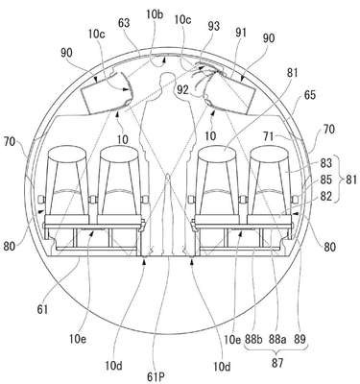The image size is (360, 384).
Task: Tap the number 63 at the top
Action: tap(124, 23)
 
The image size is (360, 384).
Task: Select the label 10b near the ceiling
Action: tap(156, 14)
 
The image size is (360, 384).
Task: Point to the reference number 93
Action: tap(213, 26)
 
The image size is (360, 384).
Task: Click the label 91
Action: tap(241, 33)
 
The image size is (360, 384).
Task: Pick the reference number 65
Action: tap(309, 95)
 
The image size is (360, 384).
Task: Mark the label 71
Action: tap(268, 136)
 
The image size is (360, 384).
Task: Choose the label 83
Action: tap(326, 163)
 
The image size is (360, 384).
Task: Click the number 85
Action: tap(326, 180)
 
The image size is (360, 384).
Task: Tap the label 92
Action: tap(183, 90)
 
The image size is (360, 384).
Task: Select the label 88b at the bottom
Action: tap(253, 339)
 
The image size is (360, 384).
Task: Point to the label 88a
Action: tap(277, 339)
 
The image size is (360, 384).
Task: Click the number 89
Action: tap(300, 339)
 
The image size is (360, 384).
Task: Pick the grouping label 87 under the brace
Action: tap(277, 363)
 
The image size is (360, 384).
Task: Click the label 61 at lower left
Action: tap(42, 309)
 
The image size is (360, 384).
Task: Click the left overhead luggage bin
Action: tap(106, 93)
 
